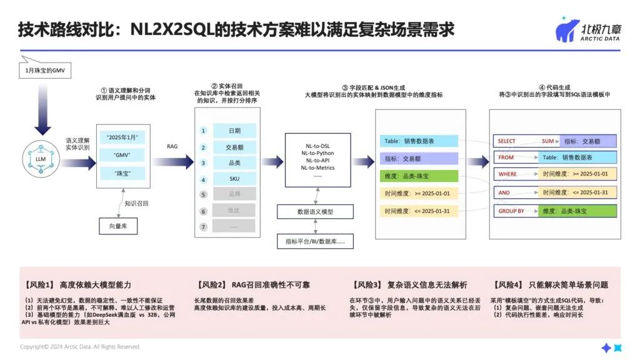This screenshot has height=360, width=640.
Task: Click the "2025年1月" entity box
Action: (x=123, y=137)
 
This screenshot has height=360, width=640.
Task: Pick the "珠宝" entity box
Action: (x=123, y=172)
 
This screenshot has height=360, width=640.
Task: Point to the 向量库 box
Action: (x=118, y=225)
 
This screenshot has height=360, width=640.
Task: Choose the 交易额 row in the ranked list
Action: (x=234, y=147)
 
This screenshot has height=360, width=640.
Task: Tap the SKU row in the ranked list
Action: (x=234, y=179)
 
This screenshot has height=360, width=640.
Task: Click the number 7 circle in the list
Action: (x=203, y=226)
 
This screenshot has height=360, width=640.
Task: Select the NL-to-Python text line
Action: (x=317, y=152)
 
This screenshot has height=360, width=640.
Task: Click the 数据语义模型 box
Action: (x=315, y=211)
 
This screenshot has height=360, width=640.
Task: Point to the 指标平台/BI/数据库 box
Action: (x=315, y=241)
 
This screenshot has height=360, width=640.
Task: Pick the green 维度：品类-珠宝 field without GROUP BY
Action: (x=418, y=176)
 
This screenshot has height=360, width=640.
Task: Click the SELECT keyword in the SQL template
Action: (x=507, y=141)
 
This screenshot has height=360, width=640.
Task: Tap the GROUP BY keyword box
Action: (x=511, y=211)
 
